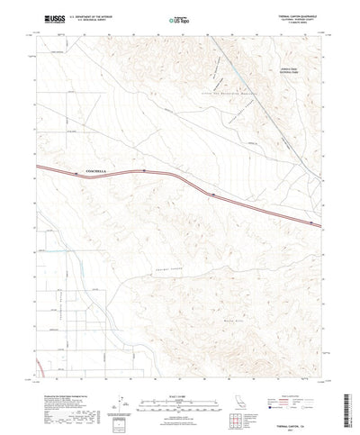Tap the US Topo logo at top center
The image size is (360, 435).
[177, 18]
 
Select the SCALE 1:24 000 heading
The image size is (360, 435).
[179, 367]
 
